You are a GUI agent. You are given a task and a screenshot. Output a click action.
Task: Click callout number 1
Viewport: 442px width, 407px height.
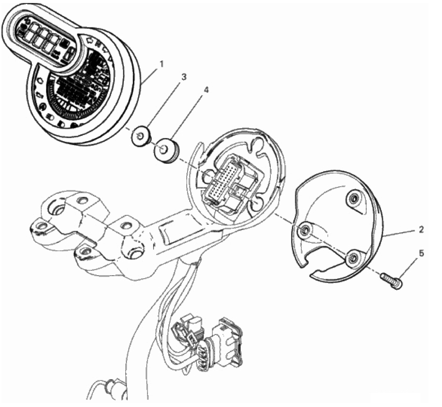coord(161,64)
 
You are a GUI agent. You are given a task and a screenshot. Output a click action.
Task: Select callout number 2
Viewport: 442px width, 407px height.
coord(421,230)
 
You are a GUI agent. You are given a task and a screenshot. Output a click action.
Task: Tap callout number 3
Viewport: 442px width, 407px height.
coord(184,77)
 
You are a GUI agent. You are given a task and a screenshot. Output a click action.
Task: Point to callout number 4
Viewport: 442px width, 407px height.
coord(206,90)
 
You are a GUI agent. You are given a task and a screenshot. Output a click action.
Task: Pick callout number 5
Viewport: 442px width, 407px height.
coord(421,253)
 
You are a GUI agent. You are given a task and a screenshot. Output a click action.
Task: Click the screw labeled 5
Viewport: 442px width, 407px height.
coord(391,281)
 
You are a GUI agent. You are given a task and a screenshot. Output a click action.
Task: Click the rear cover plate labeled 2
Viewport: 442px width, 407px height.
coord(338,226)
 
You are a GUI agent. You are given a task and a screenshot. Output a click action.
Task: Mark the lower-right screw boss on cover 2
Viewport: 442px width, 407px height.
coord(353,258)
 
